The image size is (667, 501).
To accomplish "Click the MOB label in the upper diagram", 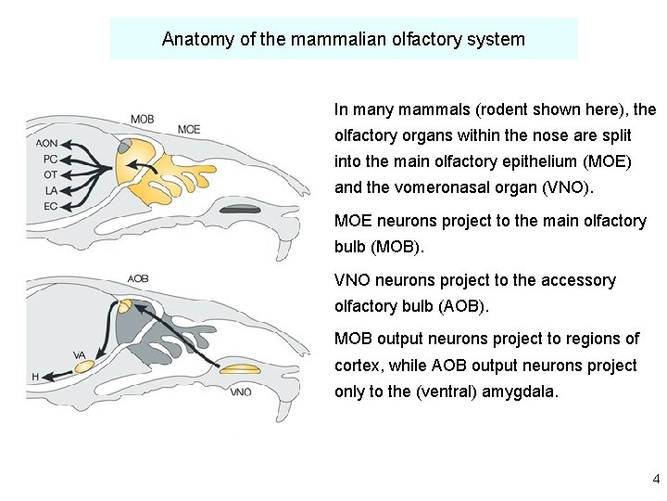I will tap(142, 119).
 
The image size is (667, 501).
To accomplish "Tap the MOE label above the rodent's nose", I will tap(188, 129).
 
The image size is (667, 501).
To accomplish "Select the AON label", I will tap(46, 144).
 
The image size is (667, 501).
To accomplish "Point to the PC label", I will tap(50, 159).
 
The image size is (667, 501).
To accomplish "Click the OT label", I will tap(50, 173).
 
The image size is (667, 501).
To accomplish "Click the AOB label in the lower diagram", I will tap(138, 278).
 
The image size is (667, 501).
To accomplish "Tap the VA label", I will tap(79, 354).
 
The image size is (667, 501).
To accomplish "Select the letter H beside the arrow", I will tap(34, 377).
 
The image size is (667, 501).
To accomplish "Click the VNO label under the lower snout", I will tap(240, 392).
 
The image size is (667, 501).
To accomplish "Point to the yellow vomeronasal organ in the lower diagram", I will tap(240, 370).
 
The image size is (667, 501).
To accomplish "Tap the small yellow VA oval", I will tap(84, 367).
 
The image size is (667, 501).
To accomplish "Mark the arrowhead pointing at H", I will tap(45, 377).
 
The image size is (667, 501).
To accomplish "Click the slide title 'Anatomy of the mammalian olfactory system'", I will tap(344, 39).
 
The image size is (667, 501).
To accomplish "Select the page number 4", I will tap(656, 480).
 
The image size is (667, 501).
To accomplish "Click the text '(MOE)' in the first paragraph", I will tap(605, 161).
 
